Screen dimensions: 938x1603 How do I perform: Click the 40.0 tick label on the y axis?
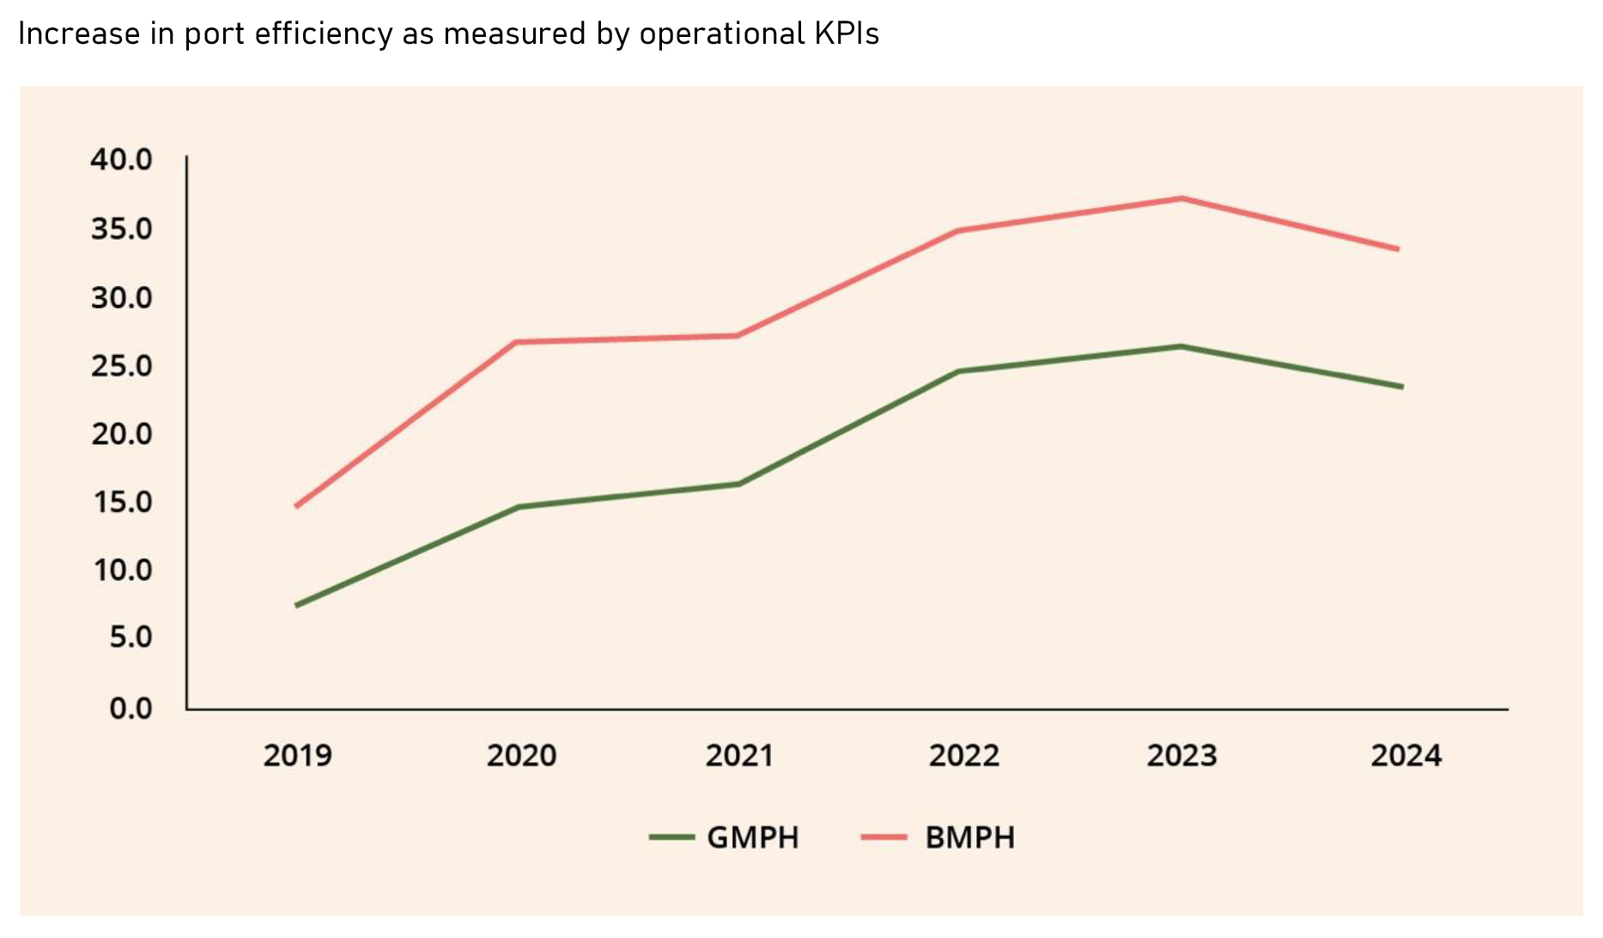121,160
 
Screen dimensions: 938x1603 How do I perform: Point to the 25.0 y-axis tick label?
121,366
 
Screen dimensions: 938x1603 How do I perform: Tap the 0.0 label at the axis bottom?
131,709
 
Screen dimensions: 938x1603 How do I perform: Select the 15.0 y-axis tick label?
121,502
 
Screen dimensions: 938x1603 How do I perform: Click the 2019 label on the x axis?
297,756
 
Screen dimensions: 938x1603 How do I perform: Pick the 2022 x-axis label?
963,756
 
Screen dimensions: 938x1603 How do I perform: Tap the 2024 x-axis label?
1406,756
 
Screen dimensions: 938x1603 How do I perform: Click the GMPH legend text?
753,837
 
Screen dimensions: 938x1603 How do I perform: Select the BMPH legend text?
970,837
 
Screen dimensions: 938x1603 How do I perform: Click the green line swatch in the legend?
671,837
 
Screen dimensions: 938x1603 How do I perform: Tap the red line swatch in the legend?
884,837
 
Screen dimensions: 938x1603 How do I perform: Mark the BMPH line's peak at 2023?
1182,198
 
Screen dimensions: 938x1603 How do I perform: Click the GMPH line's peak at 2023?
1182,347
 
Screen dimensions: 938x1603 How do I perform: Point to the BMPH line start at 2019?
296,507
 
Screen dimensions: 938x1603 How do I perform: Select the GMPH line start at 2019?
296,606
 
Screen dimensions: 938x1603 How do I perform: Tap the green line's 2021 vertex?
738,484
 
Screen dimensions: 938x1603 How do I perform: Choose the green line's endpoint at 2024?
1401,387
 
